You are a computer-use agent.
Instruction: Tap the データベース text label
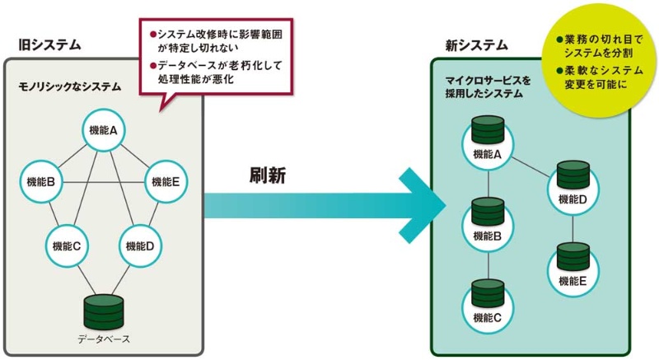[x=104, y=339]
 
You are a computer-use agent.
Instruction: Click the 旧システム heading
[x=41, y=46]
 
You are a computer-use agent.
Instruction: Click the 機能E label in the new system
[x=573, y=280]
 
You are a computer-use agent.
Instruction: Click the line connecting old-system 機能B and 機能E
[x=105, y=182]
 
